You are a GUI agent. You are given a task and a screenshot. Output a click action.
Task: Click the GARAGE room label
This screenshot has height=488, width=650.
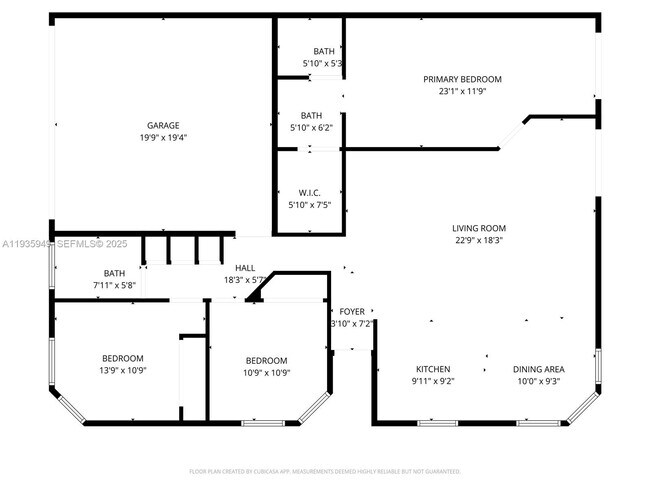pyautogui.click(x=163, y=126)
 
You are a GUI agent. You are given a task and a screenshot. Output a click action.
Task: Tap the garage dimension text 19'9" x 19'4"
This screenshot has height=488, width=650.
pyautogui.click(x=163, y=138)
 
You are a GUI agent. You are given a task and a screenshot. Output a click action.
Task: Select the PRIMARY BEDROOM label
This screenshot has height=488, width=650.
pyautogui.click(x=462, y=79)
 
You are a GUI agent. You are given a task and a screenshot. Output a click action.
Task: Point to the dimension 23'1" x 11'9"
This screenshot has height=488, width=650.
pyautogui.click(x=462, y=91)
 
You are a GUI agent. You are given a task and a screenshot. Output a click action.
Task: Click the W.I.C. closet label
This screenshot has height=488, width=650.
pyautogui.click(x=309, y=193)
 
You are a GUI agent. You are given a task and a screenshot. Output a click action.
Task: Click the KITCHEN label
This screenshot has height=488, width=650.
pyautogui.click(x=433, y=369)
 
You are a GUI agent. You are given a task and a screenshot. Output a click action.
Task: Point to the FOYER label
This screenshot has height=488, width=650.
pyautogui.click(x=351, y=312)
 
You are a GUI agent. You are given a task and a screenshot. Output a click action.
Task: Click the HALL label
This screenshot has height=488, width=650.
pyautogui.click(x=245, y=268)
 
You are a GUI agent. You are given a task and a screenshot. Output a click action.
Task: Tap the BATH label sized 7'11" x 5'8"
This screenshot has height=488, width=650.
pyautogui.click(x=114, y=273)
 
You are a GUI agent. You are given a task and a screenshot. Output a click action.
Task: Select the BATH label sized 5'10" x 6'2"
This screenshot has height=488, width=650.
pyautogui.click(x=312, y=115)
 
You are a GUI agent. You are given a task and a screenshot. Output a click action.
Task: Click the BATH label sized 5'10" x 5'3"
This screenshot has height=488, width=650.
pyautogui.click(x=324, y=52)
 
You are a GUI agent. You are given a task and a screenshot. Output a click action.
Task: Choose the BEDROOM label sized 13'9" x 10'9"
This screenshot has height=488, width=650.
pyautogui.click(x=122, y=358)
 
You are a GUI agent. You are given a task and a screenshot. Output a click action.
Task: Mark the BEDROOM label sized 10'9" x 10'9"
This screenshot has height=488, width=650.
pyautogui.click(x=266, y=361)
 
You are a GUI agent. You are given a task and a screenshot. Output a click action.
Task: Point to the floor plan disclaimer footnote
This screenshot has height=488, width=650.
pyautogui.click(x=325, y=471)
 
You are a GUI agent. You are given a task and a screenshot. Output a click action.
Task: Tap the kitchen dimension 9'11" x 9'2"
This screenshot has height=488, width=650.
pyautogui.click(x=433, y=381)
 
